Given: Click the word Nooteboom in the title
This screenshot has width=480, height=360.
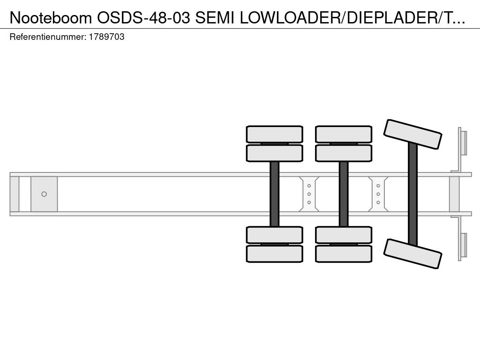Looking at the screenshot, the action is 51,18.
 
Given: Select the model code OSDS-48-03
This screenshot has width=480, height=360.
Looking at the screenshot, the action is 143,18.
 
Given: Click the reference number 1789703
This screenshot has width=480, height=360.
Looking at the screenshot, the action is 106,37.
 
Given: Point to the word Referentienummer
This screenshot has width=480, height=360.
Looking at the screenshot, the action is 48,37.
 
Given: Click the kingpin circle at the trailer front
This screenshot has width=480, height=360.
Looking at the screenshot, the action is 44,194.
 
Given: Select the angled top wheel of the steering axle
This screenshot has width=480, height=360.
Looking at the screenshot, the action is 412,134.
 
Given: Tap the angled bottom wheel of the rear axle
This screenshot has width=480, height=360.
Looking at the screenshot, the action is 412,254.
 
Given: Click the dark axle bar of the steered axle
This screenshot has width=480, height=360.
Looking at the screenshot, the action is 412,194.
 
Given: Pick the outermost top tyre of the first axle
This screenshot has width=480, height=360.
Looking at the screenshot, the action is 275,134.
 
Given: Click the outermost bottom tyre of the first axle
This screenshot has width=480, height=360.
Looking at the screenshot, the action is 275,254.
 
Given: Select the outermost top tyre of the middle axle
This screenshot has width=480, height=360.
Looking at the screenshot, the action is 344,134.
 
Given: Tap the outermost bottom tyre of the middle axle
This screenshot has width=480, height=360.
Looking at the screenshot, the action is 344,254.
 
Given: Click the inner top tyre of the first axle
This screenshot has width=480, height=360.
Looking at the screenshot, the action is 275,153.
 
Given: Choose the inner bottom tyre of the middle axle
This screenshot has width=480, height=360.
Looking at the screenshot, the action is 344,235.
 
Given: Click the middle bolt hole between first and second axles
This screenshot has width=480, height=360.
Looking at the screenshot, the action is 309,194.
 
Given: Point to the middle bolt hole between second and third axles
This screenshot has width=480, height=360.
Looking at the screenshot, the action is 378,194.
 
